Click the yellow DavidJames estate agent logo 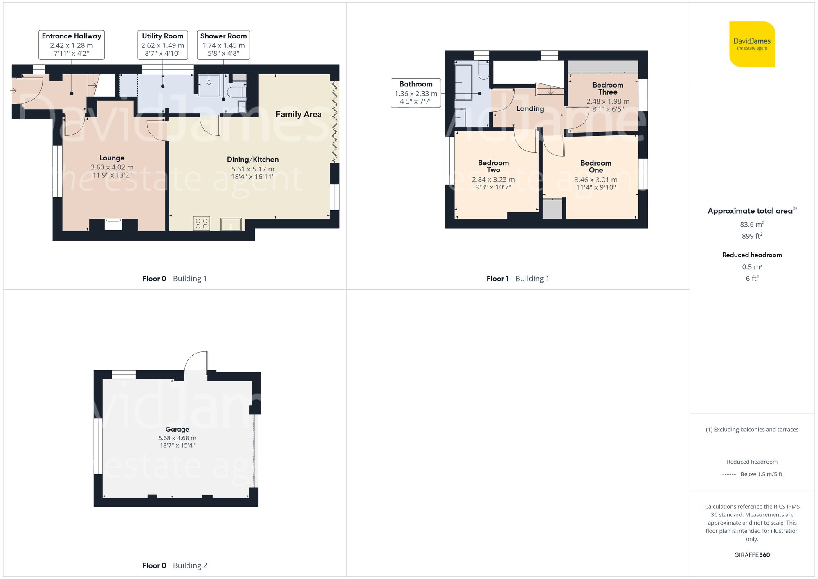click(x=752, y=44)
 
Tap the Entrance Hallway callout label click(x=72, y=45)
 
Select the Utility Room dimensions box click(x=163, y=45)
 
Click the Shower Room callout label click(x=223, y=45)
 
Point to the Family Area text click(x=298, y=115)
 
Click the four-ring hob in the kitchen click(x=202, y=223)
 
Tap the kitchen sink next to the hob click(x=231, y=224)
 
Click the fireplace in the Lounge click(x=113, y=224)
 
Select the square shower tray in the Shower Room click(x=209, y=85)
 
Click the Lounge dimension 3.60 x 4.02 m click(x=112, y=167)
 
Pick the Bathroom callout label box click(x=416, y=93)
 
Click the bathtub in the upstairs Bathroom click(x=464, y=83)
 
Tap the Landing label click(x=530, y=109)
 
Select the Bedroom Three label click(x=608, y=88)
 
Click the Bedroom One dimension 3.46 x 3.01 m click(x=596, y=180)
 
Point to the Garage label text click(x=177, y=429)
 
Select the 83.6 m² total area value click(x=752, y=224)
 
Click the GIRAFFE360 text click(x=752, y=555)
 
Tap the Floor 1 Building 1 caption click(x=517, y=279)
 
